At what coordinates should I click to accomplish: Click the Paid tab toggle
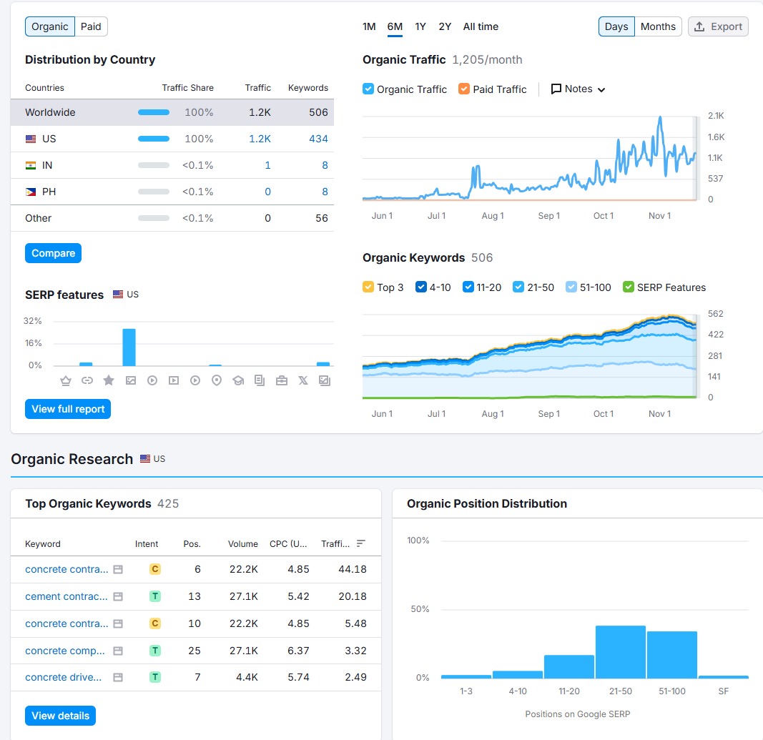pos(91,27)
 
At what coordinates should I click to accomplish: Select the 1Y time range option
pos(420,26)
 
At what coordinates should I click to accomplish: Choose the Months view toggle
pos(658,26)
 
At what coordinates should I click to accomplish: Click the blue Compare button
pos(54,253)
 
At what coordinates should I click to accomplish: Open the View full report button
pos(68,409)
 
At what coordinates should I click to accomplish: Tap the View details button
pos(60,716)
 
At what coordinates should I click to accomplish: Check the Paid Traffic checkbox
pos(464,89)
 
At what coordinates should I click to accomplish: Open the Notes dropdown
pos(578,89)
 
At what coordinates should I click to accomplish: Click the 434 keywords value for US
pos(318,139)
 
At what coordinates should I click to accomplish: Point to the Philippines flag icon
pos(31,192)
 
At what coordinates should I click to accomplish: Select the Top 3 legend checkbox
pos(368,287)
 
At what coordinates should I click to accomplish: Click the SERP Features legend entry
pos(629,287)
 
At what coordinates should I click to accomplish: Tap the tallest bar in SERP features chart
pos(129,347)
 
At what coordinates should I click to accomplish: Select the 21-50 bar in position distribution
pos(620,652)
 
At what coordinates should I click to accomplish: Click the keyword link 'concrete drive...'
pos(64,677)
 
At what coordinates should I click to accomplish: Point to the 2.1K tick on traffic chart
pos(715,116)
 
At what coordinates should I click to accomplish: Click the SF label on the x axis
pos(723,691)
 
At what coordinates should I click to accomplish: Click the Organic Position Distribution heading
pos(486,503)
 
